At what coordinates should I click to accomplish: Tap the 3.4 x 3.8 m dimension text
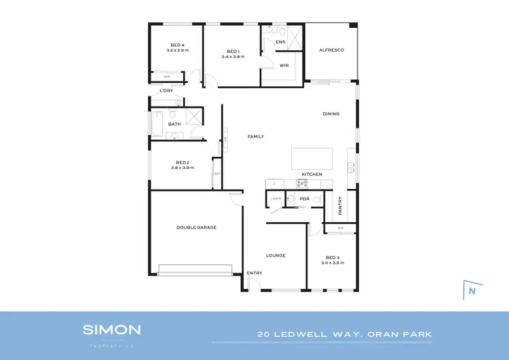(233, 56)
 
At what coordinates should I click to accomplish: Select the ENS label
(280, 42)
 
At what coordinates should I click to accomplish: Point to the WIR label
(284, 65)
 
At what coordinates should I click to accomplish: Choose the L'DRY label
(166, 90)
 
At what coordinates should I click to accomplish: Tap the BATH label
(174, 124)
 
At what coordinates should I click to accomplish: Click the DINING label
(331, 113)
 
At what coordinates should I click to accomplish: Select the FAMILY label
(255, 137)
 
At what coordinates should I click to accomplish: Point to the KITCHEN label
(312, 175)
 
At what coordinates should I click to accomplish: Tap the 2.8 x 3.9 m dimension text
(183, 167)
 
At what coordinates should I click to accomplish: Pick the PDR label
(305, 199)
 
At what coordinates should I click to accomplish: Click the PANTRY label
(339, 204)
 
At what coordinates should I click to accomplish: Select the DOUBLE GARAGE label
(196, 228)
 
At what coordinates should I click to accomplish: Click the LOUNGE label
(276, 255)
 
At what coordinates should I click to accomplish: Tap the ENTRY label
(254, 273)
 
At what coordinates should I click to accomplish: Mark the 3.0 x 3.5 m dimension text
(333, 262)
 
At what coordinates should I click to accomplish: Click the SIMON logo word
(112, 329)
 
